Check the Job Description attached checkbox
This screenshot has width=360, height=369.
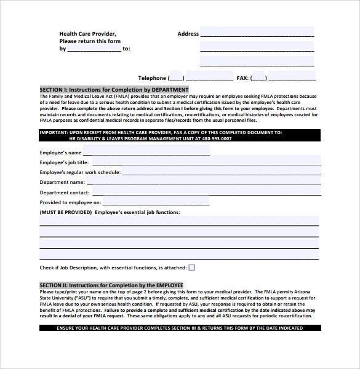[x=191, y=268]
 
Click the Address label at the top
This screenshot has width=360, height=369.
[x=188, y=34]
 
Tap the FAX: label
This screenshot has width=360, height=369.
[x=243, y=78]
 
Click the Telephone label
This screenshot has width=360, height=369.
[x=152, y=78]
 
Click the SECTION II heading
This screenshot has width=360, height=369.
[x=111, y=285]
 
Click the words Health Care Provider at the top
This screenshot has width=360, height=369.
[x=87, y=34]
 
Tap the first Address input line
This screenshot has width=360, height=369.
[x=257, y=33]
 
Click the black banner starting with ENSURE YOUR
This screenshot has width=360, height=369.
[x=179, y=328]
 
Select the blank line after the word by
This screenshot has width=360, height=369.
[x=94, y=49]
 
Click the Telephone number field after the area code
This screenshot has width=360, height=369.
[x=209, y=77]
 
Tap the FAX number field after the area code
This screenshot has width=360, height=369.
[x=292, y=77]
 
